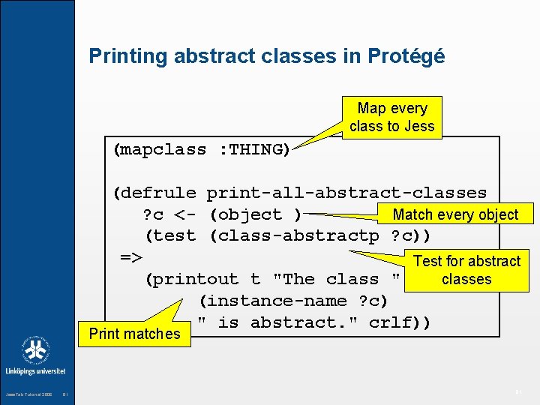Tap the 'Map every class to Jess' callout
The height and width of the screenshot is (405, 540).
(391, 118)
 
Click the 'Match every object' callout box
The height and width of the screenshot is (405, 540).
(455, 214)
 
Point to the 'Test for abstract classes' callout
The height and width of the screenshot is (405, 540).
(466, 270)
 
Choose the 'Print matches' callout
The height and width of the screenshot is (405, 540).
(134, 334)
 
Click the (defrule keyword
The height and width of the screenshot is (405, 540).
(154, 193)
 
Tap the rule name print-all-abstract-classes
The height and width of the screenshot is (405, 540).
(346, 193)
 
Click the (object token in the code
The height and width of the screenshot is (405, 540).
(246, 215)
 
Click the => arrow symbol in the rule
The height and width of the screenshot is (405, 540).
(132, 258)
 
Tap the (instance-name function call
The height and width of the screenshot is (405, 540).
(273, 301)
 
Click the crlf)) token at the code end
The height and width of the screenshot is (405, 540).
(400, 322)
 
